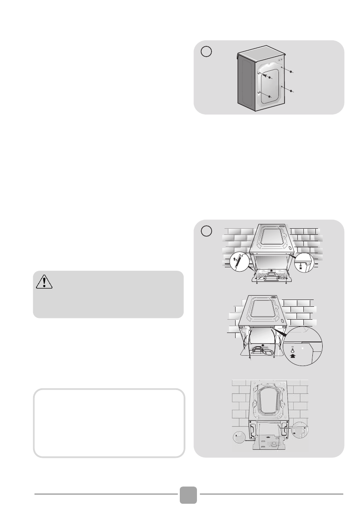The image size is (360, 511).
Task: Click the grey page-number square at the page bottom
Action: [188, 495]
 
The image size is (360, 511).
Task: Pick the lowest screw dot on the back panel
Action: [269, 97]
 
